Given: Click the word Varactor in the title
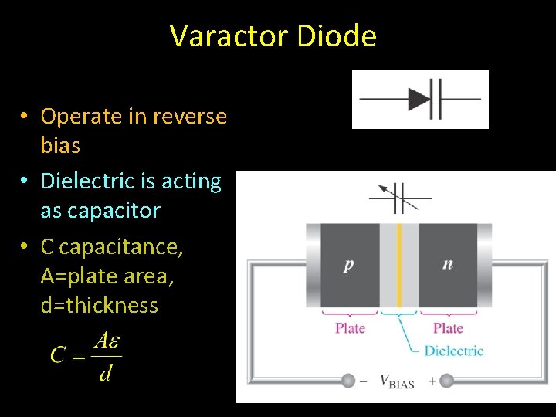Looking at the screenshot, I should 226,36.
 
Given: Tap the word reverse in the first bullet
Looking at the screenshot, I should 190,117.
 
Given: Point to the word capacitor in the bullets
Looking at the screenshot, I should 112,211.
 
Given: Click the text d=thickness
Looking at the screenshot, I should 99,306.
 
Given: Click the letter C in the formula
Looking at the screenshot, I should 57,355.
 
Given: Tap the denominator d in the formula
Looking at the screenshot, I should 106,374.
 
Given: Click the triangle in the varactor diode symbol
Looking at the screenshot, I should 419,99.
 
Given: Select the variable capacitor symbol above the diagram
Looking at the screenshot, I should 399,198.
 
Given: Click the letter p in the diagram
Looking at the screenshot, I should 349,265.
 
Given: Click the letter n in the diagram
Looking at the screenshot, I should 448,264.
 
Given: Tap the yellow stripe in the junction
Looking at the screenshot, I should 399,265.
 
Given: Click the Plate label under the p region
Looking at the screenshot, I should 350,327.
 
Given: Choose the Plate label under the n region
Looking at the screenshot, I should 448,327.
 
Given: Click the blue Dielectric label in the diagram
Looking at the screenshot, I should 454,351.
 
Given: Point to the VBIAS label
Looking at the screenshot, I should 397,381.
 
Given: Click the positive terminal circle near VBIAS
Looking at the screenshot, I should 446,381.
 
